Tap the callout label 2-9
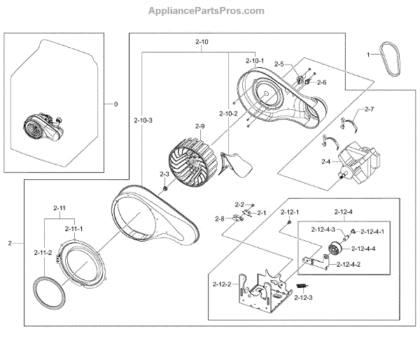pyautogui.click(x=199, y=127)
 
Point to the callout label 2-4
pyautogui.click(x=325, y=161)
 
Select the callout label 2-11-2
pyautogui.click(x=44, y=251)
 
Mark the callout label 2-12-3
pyautogui.click(x=303, y=298)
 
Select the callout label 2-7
pyautogui.click(x=369, y=109)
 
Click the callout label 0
pyautogui.click(x=116, y=103)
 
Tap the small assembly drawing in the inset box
pyautogui.click(x=44, y=127)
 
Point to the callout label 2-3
pyautogui.click(x=164, y=174)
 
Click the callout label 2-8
pyautogui.click(x=219, y=219)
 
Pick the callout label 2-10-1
pyautogui.click(x=255, y=61)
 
